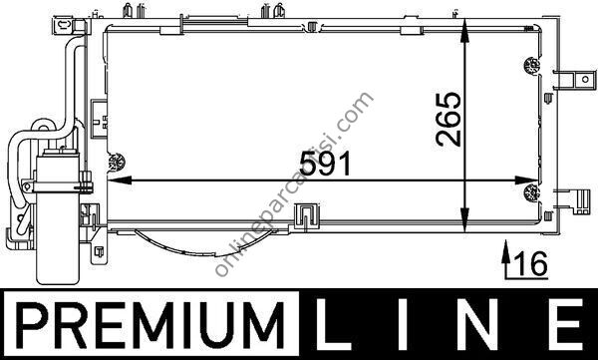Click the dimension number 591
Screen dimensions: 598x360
325,164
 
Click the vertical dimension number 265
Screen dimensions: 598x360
448,119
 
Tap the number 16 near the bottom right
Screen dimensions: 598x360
530,264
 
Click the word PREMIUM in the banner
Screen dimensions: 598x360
150,325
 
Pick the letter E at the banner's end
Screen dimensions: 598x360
567,324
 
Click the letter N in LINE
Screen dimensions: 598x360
478,324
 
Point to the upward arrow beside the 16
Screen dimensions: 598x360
505,255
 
